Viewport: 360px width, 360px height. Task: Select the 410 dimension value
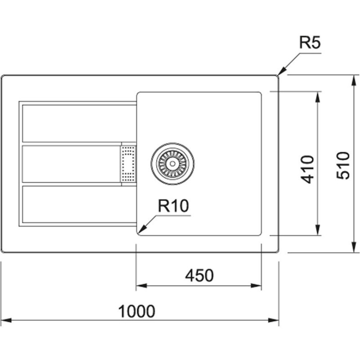pos(307,169)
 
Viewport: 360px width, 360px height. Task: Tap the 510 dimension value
pos(342,165)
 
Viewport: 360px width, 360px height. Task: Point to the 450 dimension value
pos(199,275)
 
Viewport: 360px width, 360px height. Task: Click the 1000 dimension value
pos(136,311)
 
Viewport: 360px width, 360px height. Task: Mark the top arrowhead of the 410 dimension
pos(318,95)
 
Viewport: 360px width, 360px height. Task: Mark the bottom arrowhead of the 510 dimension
pos(352,249)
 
